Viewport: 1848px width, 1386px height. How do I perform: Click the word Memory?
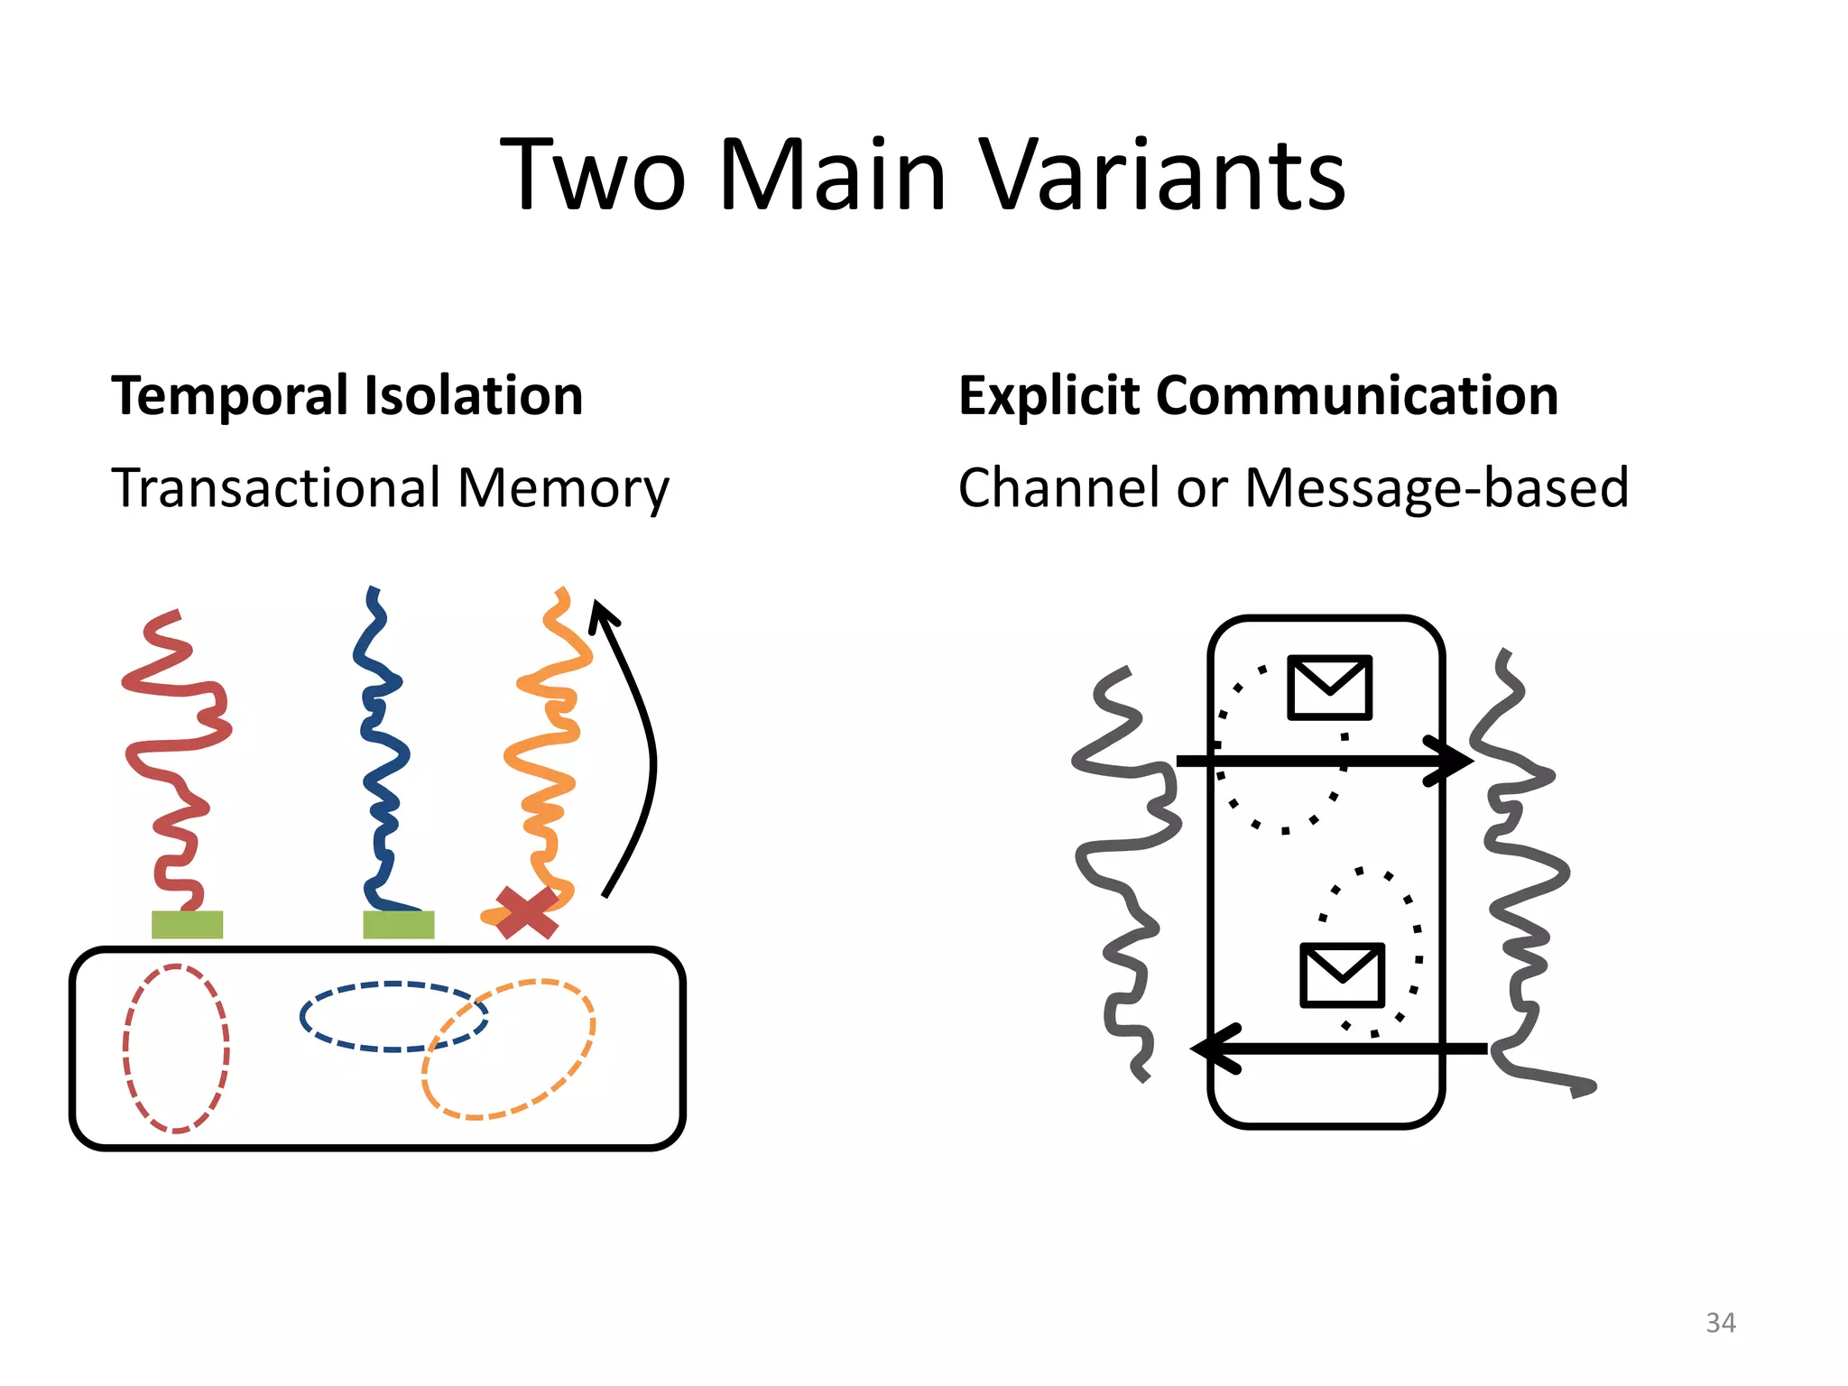563,490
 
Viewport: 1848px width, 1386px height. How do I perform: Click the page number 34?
1720,1323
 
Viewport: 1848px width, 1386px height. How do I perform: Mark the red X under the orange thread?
526,912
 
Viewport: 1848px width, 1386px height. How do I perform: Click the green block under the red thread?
187,925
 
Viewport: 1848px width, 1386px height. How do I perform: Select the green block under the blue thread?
398,925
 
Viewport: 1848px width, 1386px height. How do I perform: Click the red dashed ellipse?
126,1047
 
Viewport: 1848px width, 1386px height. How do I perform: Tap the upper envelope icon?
1329,688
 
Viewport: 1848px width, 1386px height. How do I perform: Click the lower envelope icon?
1342,975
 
